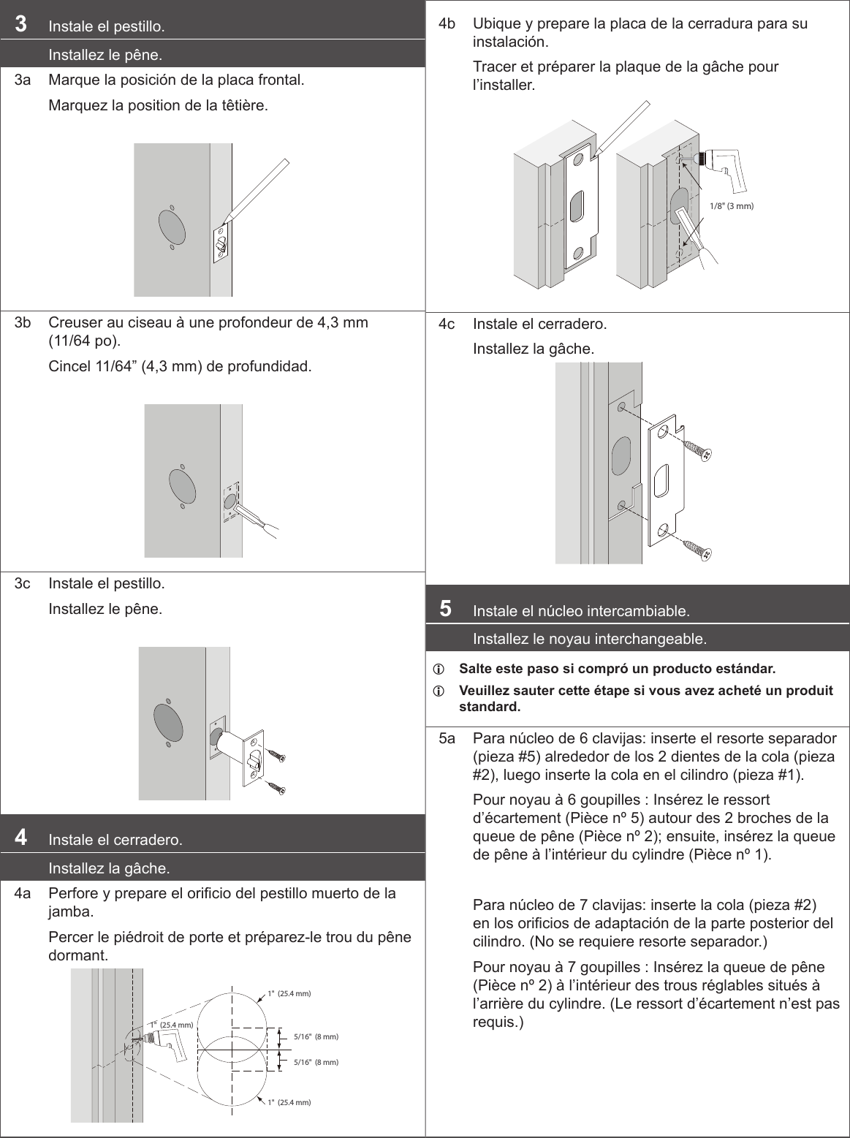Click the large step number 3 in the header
tap(22, 24)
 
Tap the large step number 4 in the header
tap(22, 837)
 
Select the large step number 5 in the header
tap(445, 607)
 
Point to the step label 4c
tap(447, 324)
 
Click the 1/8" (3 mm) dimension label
tap(731, 206)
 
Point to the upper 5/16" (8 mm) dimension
tap(316, 1037)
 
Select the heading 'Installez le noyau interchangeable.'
tap(590, 640)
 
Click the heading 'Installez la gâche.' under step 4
tap(109, 869)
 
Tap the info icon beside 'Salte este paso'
tap(439, 669)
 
